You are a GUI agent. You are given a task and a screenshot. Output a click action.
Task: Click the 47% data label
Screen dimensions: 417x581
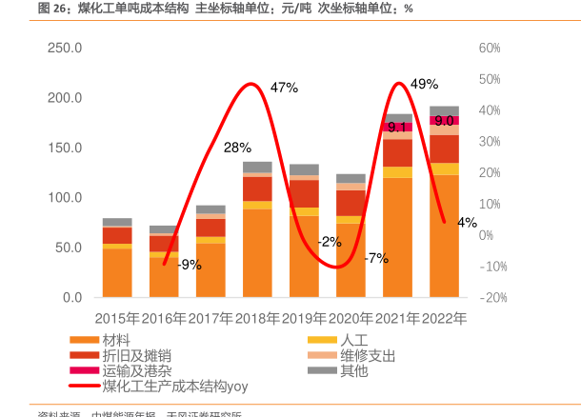[x=284, y=88]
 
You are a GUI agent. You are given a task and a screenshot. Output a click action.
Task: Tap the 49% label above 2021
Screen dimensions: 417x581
[x=424, y=84]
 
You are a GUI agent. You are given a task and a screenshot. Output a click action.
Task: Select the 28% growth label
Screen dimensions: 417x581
[x=237, y=148]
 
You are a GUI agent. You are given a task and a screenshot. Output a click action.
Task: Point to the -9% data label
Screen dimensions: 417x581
[x=189, y=265]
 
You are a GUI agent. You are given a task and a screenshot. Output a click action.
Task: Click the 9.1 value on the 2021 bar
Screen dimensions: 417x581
[x=397, y=127]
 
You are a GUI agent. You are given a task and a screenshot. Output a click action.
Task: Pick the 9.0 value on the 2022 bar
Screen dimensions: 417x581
[x=444, y=121]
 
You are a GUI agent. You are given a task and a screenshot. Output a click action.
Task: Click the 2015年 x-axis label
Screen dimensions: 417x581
[x=117, y=319]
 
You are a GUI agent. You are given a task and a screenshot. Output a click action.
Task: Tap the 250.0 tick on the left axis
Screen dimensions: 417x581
[x=65, y=48]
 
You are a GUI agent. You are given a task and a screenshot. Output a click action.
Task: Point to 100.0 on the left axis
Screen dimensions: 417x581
[x=65, y=197]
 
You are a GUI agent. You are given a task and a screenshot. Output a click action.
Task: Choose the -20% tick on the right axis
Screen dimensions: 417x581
[x=492, y=297]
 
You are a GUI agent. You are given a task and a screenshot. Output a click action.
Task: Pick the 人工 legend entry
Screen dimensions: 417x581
[x=353, y=340]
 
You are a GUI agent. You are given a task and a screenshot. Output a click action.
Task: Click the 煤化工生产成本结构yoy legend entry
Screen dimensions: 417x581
[x=176, y=386]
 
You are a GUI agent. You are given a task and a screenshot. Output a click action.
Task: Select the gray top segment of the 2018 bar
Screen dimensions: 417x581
[x=257, y=167]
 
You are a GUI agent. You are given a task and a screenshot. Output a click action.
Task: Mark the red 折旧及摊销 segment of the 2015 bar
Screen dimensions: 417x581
[x=117, y=235]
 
